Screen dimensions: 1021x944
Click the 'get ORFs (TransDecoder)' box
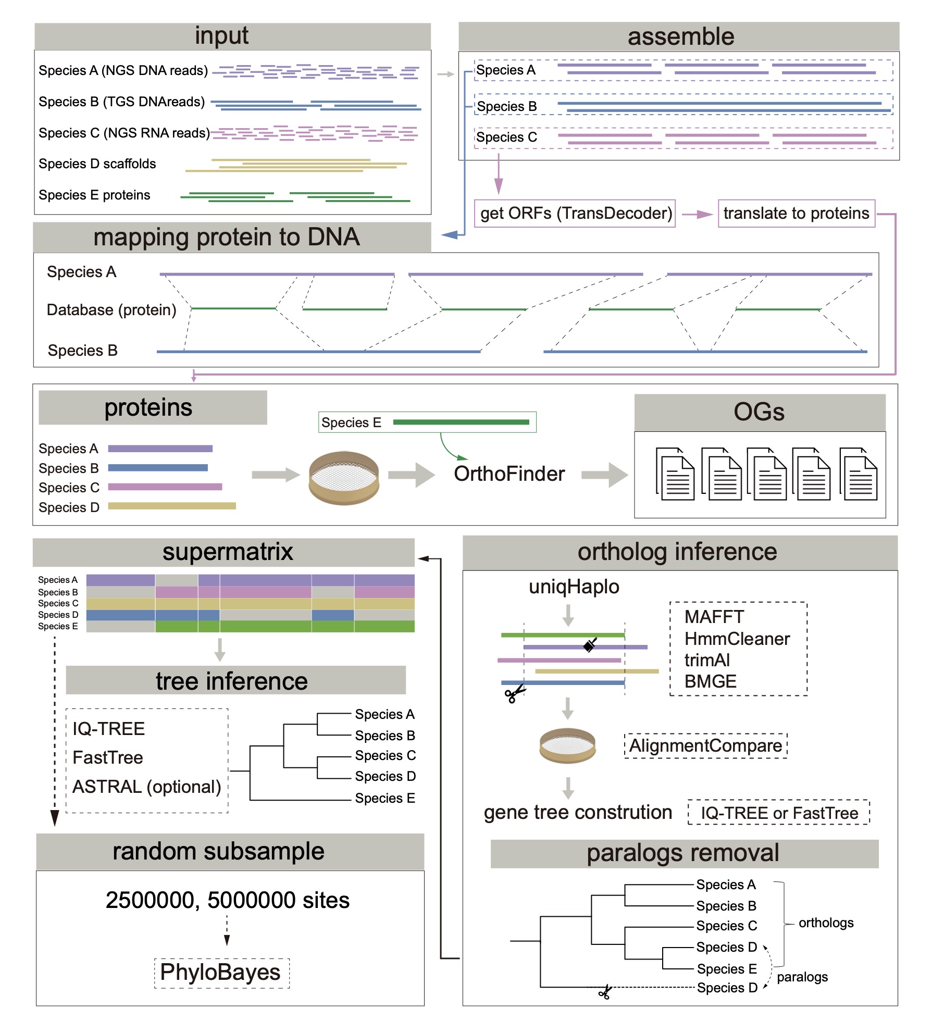575,214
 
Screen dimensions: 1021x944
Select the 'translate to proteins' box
796,214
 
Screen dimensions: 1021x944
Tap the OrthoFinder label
509,474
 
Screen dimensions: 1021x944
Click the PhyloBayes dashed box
221,973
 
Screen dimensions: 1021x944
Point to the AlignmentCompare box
705,746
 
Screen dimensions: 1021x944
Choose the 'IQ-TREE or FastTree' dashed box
779,813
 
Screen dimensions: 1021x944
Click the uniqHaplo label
574,587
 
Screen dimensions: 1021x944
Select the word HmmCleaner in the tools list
737,639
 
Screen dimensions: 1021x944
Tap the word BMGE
710,681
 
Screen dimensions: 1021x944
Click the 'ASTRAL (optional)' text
147,787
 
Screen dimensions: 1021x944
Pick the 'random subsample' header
219,852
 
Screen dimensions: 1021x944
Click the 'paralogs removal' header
683,853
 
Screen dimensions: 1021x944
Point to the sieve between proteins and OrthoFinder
344,478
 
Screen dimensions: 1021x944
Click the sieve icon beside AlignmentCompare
567,745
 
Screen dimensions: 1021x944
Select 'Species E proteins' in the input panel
94,195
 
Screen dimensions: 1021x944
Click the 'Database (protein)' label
111,310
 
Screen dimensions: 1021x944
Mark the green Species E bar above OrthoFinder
461,422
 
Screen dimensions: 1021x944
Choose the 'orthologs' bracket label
826,923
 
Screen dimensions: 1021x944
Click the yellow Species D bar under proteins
172,506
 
